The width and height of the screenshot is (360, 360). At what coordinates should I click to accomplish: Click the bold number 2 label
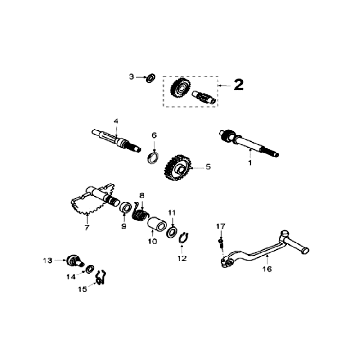[238, 85]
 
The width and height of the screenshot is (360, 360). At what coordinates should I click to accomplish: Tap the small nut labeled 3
[147, 77]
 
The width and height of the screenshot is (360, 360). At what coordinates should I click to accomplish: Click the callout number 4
[116, 121]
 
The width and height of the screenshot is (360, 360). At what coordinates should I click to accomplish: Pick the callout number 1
[250, 165]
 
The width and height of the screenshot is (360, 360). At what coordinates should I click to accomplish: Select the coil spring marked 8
[143, 214]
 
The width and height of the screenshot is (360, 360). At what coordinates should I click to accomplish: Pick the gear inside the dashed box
[181, 88]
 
